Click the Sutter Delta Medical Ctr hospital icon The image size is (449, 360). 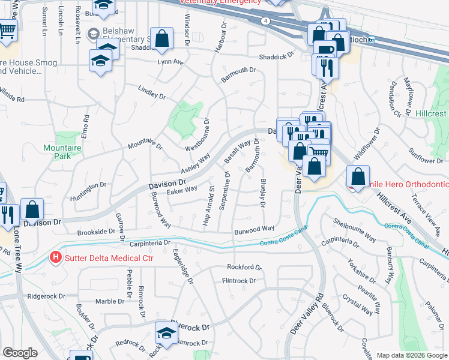click(x=56, y=258)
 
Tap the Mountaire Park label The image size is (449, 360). click(x=58, y=151)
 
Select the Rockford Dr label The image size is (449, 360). click(x=244, y=267)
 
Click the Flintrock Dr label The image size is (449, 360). click(x=239, y=280)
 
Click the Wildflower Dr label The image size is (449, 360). click(x=366, y=144)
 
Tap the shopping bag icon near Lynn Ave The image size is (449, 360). click(x=162, y=39)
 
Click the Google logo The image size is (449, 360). click(x=20, y=353)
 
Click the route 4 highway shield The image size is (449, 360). click(x=265, y=20)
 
